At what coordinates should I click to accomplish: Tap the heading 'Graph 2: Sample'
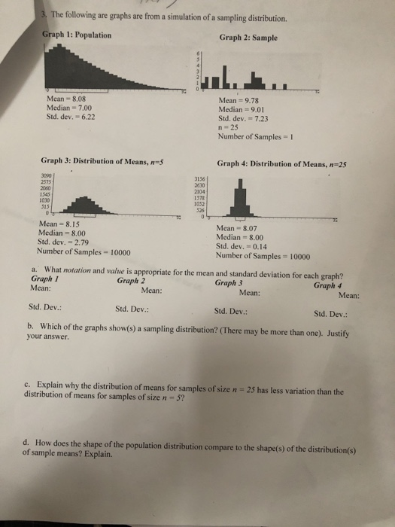click(248, 38)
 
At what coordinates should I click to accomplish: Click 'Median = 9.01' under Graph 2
click(241, 110)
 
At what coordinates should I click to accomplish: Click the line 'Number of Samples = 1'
click(252, 137)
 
